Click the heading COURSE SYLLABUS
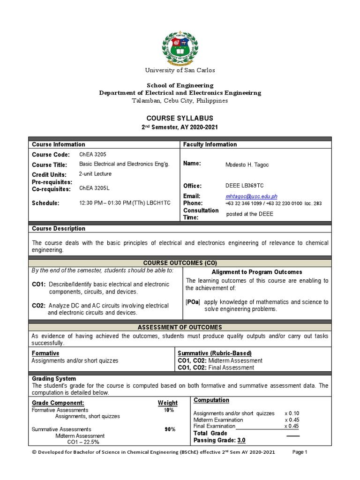(180, 118)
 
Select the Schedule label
(45, 203)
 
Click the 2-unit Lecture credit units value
(95, 173)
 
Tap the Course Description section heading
(58, 229)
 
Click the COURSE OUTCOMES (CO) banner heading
(180, 263)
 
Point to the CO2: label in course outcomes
(38, 306)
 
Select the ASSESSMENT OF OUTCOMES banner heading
(180, 327)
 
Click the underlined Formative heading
(45, 353)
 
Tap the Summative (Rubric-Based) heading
(215, 353)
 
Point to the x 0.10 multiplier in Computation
(292, 413)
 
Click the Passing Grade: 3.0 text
(219, 441)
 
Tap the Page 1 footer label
(300, 452)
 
